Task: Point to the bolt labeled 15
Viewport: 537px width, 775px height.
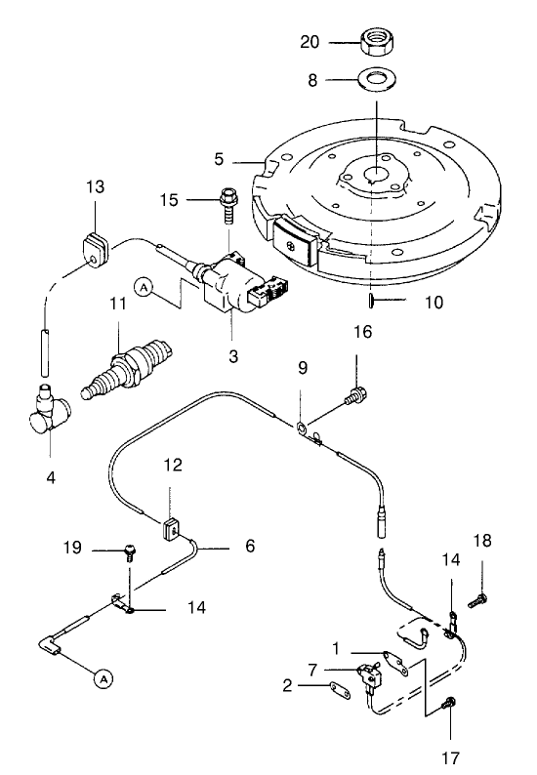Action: coord(228,200)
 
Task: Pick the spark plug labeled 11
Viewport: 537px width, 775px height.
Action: coord(131,369)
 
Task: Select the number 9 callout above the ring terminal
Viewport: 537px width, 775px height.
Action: coord(302,369)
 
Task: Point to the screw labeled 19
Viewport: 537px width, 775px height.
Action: coord(129,553)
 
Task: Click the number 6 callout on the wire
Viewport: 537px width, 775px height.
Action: coord(250,548)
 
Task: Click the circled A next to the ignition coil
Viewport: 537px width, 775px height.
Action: coord(145,287)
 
